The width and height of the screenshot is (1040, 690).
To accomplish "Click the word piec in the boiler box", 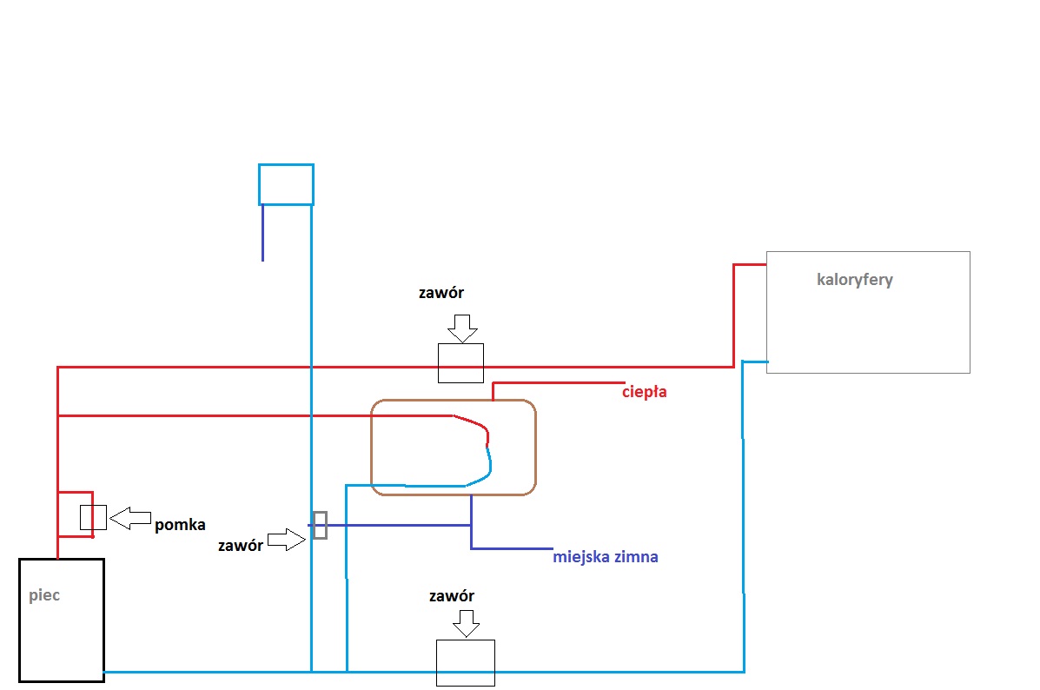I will pyautogui.click(x=44, y=596).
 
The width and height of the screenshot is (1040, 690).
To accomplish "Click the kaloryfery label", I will pyautogui.click(x=855, y=280).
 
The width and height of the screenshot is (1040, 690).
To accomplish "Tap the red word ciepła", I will pyautogui.click(x=645, y=392).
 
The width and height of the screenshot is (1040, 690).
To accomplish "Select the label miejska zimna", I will pyautogui.click(x=606, y=557).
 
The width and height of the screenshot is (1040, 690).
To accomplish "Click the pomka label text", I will pyautogui.click(x=180, y=525).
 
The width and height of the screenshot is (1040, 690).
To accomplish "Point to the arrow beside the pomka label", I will pyautogui.click(x=130, y=518).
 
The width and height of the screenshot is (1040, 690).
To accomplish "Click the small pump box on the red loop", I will pyautogui.click(x=93, y=517).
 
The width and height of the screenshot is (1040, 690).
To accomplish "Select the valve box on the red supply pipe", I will pyautogui.click(x=460, y=363).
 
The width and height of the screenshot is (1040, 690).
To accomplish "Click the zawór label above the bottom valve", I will pyautogui.click(x=452, y=596).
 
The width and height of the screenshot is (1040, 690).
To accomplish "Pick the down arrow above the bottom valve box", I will pyautogui.click(x=467, y=622).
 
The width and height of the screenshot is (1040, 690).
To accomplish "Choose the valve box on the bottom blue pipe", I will pyautogui.click(x=465, y=663).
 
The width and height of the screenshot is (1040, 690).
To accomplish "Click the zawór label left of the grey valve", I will pyautogui.click(x=241, y=546).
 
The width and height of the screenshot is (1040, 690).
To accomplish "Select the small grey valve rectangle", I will pyautogui.click(x=320, y=525).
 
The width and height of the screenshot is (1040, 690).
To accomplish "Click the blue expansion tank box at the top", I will pyautogui.click(x=286, y=184).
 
